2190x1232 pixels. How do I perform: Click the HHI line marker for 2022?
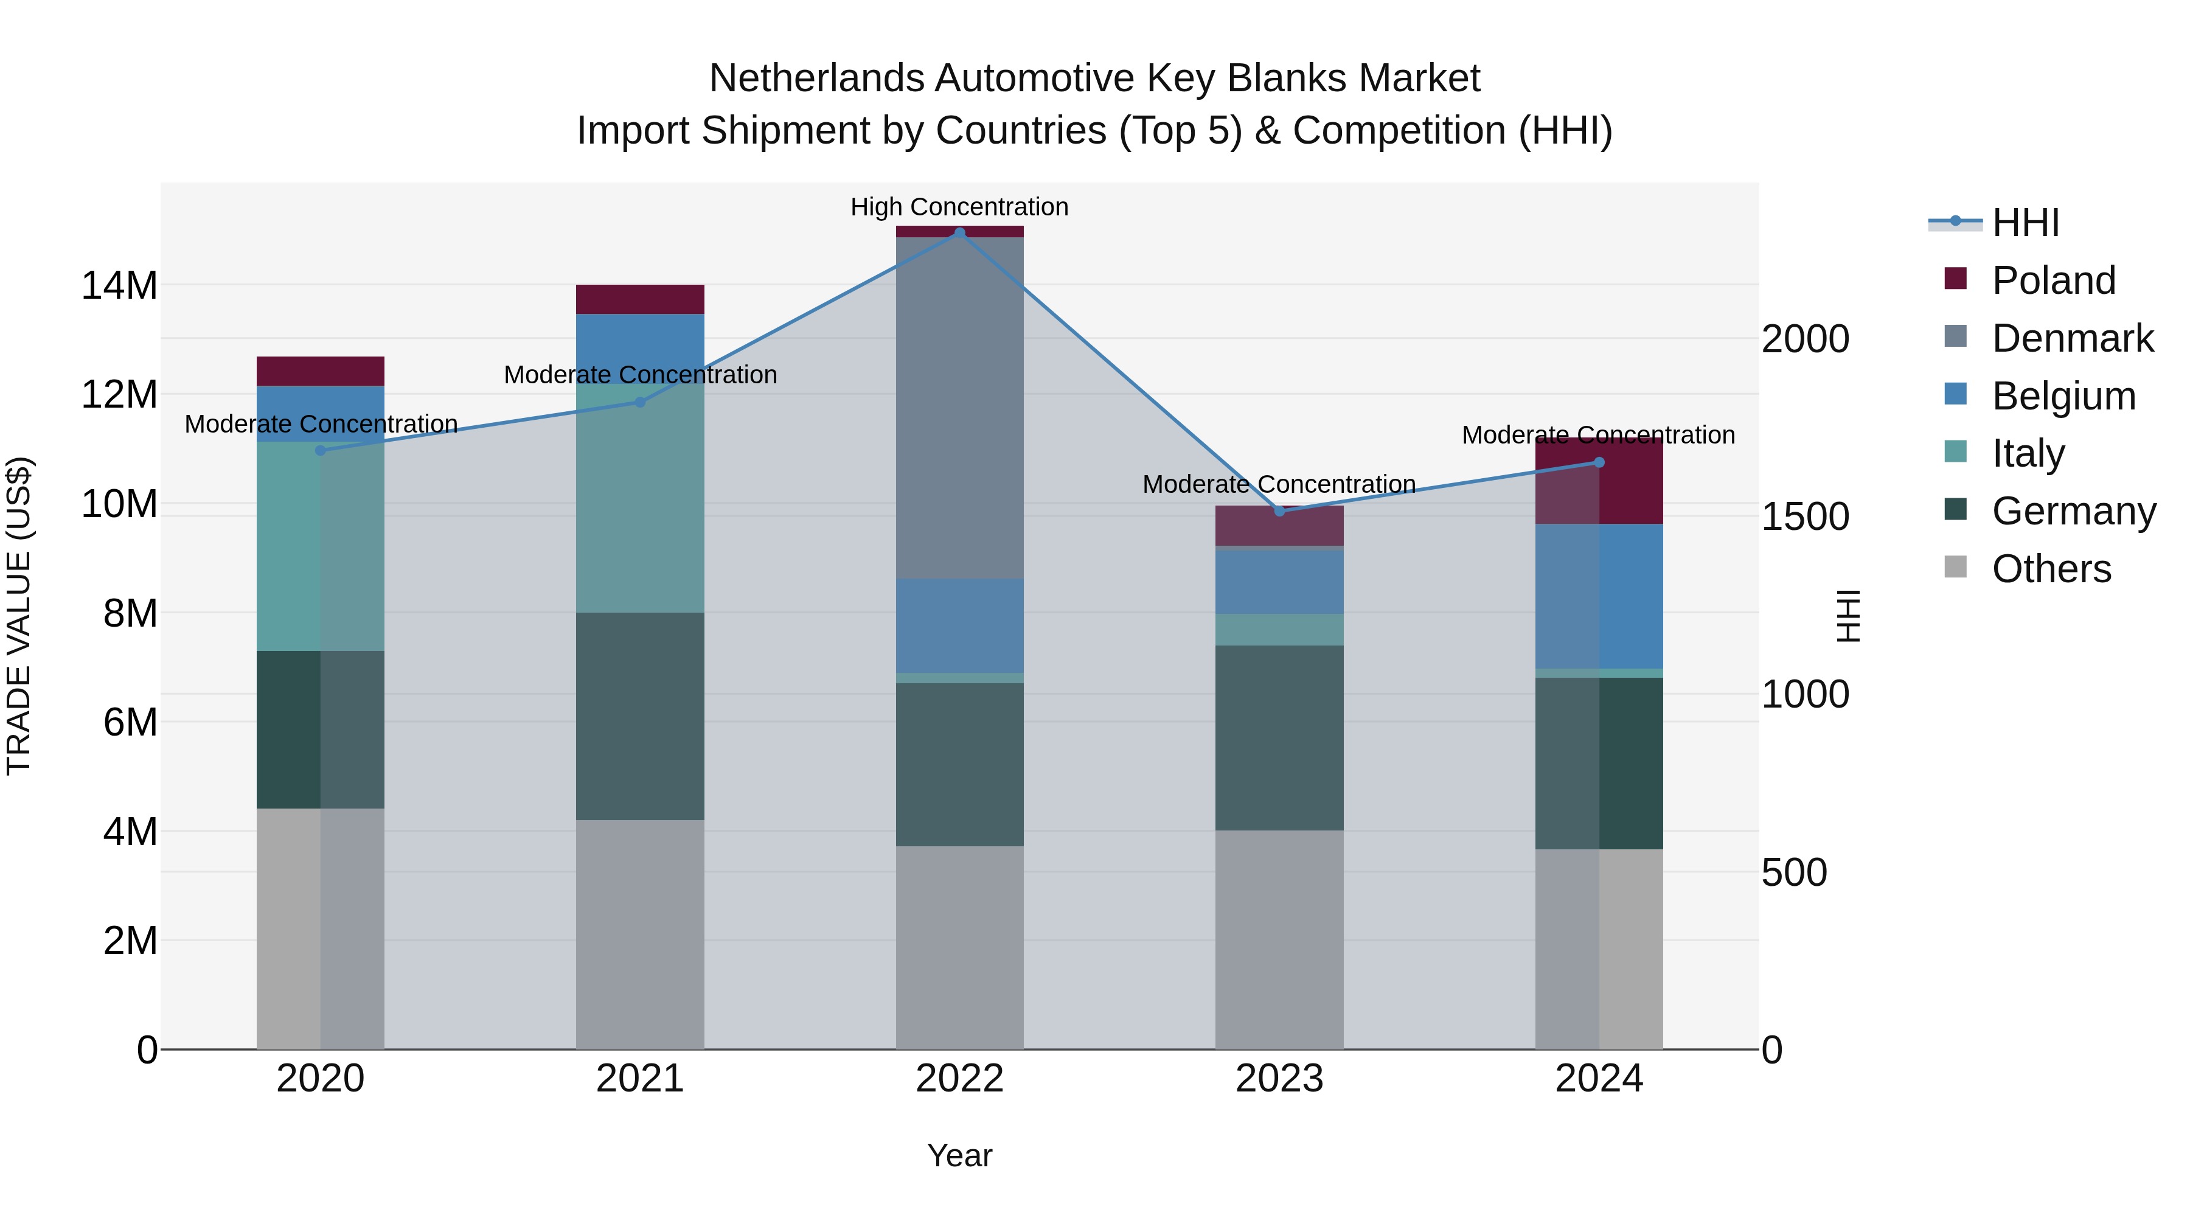[x=960, y=233]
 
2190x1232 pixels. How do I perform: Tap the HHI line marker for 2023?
[x=1279, y=511]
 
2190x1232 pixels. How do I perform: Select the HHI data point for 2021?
[x=640, y=402]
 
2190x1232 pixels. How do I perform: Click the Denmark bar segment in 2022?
[x=960, y=408]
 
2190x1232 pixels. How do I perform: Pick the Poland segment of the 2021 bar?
[x=640, y=299]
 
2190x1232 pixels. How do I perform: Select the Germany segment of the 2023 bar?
[x=1279, y=737]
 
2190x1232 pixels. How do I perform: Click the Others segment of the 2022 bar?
[x=960, y=947]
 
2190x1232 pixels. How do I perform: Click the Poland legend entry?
[x=2053, y=280]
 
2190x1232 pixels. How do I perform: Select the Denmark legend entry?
[x=2072, y=338]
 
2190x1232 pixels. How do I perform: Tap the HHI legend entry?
[x=2025, y=223]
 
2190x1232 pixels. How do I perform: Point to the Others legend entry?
[x=2051, y=569]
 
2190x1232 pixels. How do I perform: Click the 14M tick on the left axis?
[x=119, y=286]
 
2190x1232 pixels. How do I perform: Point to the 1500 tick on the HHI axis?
[x=1805, y=517]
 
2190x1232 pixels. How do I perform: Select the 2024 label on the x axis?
[x=1598, y=1079]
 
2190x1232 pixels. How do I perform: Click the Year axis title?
[x=960, y=1155]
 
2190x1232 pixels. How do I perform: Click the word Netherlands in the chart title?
[x=817, y=78]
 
